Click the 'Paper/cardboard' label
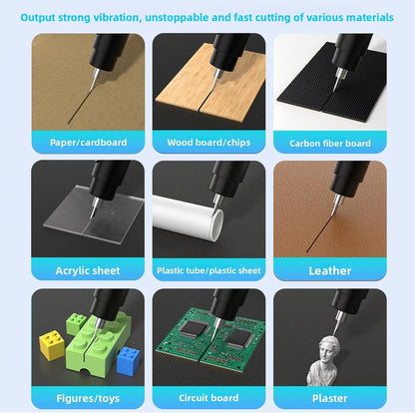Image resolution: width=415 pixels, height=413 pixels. [87, 143]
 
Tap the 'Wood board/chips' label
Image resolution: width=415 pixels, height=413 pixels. [207, 143]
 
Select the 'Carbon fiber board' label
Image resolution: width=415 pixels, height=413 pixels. [329, 143]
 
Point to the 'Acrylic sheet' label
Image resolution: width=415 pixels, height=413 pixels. [87, 270]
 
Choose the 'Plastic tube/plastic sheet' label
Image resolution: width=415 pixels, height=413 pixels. [207, 270]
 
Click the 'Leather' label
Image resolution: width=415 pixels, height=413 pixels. [329, 270]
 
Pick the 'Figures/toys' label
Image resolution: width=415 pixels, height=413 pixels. [87, 397]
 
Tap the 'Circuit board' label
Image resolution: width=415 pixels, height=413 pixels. [207, 397]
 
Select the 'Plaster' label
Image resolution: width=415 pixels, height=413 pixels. [329, 397]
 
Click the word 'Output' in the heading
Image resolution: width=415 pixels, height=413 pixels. [43, 17]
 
